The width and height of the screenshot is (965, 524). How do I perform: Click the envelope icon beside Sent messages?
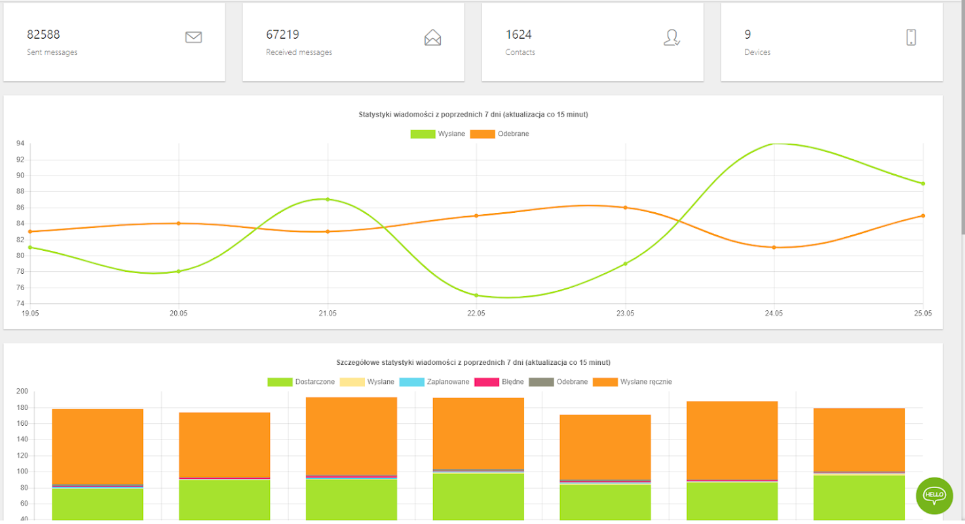[x=193, y=37]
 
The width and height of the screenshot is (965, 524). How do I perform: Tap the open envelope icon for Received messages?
[x=432, y=37]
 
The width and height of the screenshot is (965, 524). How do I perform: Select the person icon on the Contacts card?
[x=672, y=37]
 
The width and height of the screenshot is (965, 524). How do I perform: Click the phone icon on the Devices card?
[x=911, y=37]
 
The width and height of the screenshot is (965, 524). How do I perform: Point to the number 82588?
[x=43, y=35]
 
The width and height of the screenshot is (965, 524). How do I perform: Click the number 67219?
[x=282, y=35]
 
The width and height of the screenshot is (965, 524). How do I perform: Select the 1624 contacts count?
[x=518, y=35]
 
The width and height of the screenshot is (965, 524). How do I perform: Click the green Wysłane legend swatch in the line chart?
[x=423, y=134]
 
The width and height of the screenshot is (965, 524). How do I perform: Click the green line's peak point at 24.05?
[x=774, y=143]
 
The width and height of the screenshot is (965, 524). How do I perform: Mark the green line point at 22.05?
[x=476, y=295]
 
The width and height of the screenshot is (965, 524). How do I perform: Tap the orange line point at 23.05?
[x=626, y=208]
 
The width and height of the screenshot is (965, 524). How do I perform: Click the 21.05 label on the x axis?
[x=328, y=313]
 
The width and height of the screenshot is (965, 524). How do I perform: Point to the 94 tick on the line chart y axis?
[x=20, y=143]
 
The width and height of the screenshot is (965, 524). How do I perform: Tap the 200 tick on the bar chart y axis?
[x=22, y=392]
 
